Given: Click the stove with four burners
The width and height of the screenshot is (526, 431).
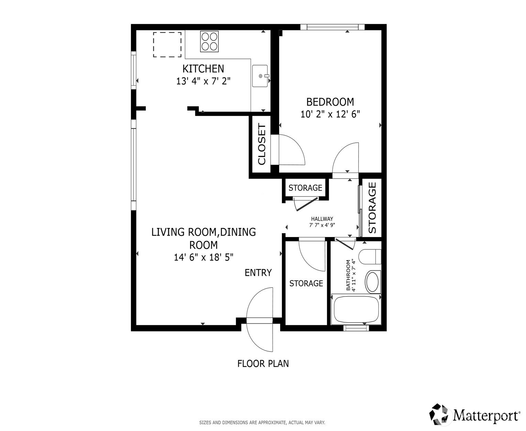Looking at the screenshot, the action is point(209,41).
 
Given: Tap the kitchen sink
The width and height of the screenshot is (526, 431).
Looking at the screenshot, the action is point(260,76).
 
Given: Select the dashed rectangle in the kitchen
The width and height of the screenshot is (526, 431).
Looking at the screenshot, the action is point(167,44).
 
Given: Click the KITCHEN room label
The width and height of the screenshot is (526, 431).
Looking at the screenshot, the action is point(203,69).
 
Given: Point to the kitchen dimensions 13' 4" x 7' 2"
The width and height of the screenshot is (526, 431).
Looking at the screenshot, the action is point(203,81).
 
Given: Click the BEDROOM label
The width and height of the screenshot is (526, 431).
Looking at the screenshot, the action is point(330,102).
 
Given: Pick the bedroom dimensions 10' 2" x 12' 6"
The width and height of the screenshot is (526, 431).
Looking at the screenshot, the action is point(330,114).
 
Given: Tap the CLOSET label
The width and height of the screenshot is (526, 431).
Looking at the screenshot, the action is point(262,144).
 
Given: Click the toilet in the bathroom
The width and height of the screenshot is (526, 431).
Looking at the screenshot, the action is point(370,257).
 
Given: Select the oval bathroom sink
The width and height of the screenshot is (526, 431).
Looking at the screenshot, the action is point(373,282).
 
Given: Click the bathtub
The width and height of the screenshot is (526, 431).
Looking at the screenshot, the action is point(356,309).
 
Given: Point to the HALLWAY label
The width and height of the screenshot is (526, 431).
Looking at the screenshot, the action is point(322,219).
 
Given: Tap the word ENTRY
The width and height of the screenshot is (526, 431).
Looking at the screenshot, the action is point(258,273).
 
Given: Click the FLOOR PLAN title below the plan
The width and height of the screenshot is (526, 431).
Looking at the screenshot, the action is point(263,364).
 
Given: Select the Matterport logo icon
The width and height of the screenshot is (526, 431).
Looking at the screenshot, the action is point(440,416).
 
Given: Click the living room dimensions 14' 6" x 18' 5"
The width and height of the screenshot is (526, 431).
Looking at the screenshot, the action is point(204,257).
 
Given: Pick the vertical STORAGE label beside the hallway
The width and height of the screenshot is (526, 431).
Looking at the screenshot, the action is point(372,208).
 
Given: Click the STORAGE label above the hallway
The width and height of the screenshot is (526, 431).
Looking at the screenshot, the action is point(305,188).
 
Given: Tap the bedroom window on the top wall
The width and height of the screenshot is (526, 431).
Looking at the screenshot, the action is point(332,27).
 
